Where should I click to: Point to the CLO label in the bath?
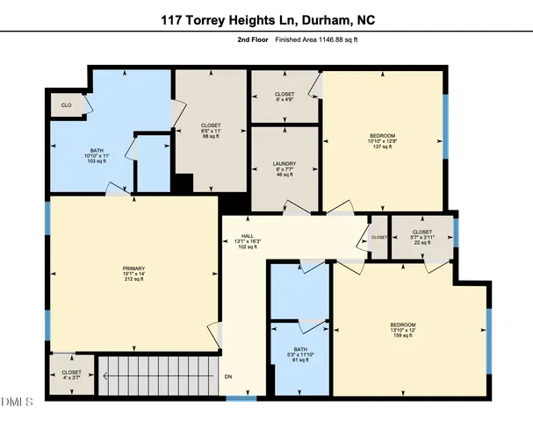[x=67, y=105]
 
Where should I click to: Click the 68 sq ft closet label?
[x=211, y=131]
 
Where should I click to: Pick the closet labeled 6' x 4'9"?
[x=285, y=96]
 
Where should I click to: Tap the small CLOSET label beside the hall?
[x=378, y=237]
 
